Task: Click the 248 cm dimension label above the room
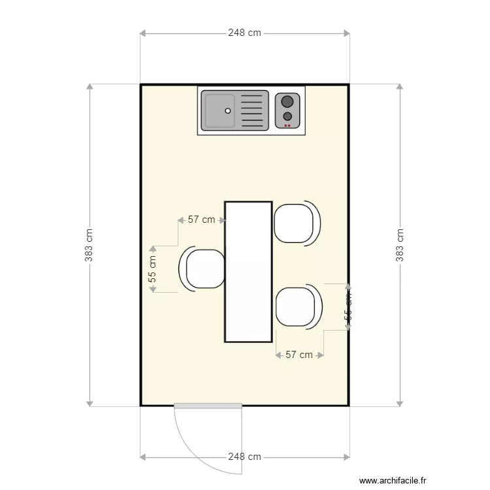244,33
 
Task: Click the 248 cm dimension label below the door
244,457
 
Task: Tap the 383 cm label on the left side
89,245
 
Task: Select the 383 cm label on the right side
400,245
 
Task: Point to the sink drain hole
228,110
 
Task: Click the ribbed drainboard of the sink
253,110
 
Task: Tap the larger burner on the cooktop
287,101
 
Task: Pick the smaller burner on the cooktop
287,116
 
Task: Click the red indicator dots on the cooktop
287,125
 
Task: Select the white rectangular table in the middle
248,272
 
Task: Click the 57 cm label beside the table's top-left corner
201,220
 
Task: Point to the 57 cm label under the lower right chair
299,355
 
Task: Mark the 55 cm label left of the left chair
152,269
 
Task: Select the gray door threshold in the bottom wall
208,406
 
